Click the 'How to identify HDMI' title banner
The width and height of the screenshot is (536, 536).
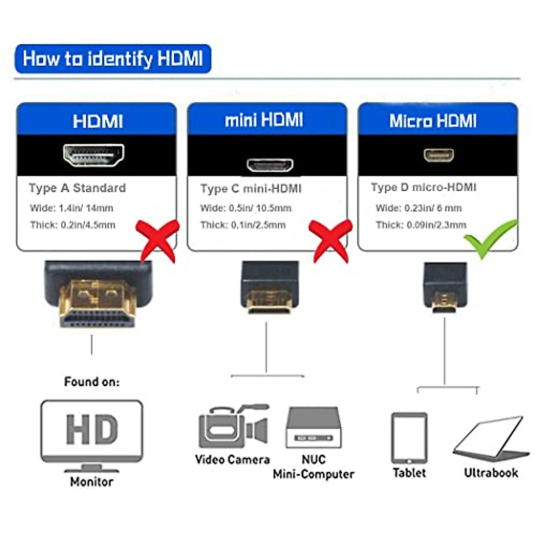(113, 59)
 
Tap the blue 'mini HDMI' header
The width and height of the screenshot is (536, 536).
(264, 120)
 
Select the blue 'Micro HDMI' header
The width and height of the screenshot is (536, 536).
(433, 121)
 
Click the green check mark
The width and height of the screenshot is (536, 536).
(489, 238)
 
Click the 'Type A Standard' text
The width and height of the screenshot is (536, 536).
(77, 188)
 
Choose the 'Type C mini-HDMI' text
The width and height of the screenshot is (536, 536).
(251, 188)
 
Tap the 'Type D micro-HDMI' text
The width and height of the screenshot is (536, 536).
(423, 188)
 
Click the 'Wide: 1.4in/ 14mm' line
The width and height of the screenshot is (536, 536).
(71, 208)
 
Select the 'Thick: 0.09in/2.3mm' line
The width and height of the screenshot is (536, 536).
(421, 225)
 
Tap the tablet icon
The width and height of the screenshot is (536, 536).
(409, 438)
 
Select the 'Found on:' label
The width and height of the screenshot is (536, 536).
(92, 382)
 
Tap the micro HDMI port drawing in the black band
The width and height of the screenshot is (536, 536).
(439, 155)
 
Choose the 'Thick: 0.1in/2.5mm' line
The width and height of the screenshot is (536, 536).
(243, 225)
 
